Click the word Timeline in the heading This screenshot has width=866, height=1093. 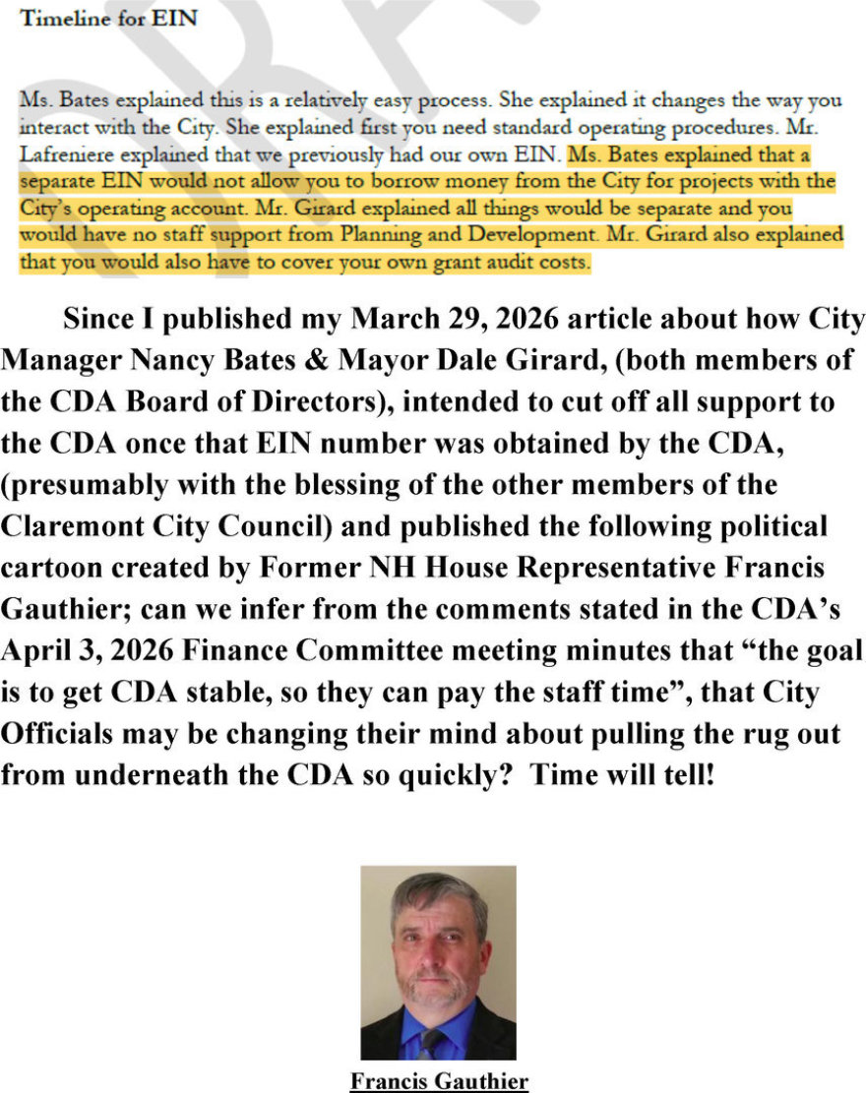55,19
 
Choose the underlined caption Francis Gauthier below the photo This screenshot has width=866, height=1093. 438,1081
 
